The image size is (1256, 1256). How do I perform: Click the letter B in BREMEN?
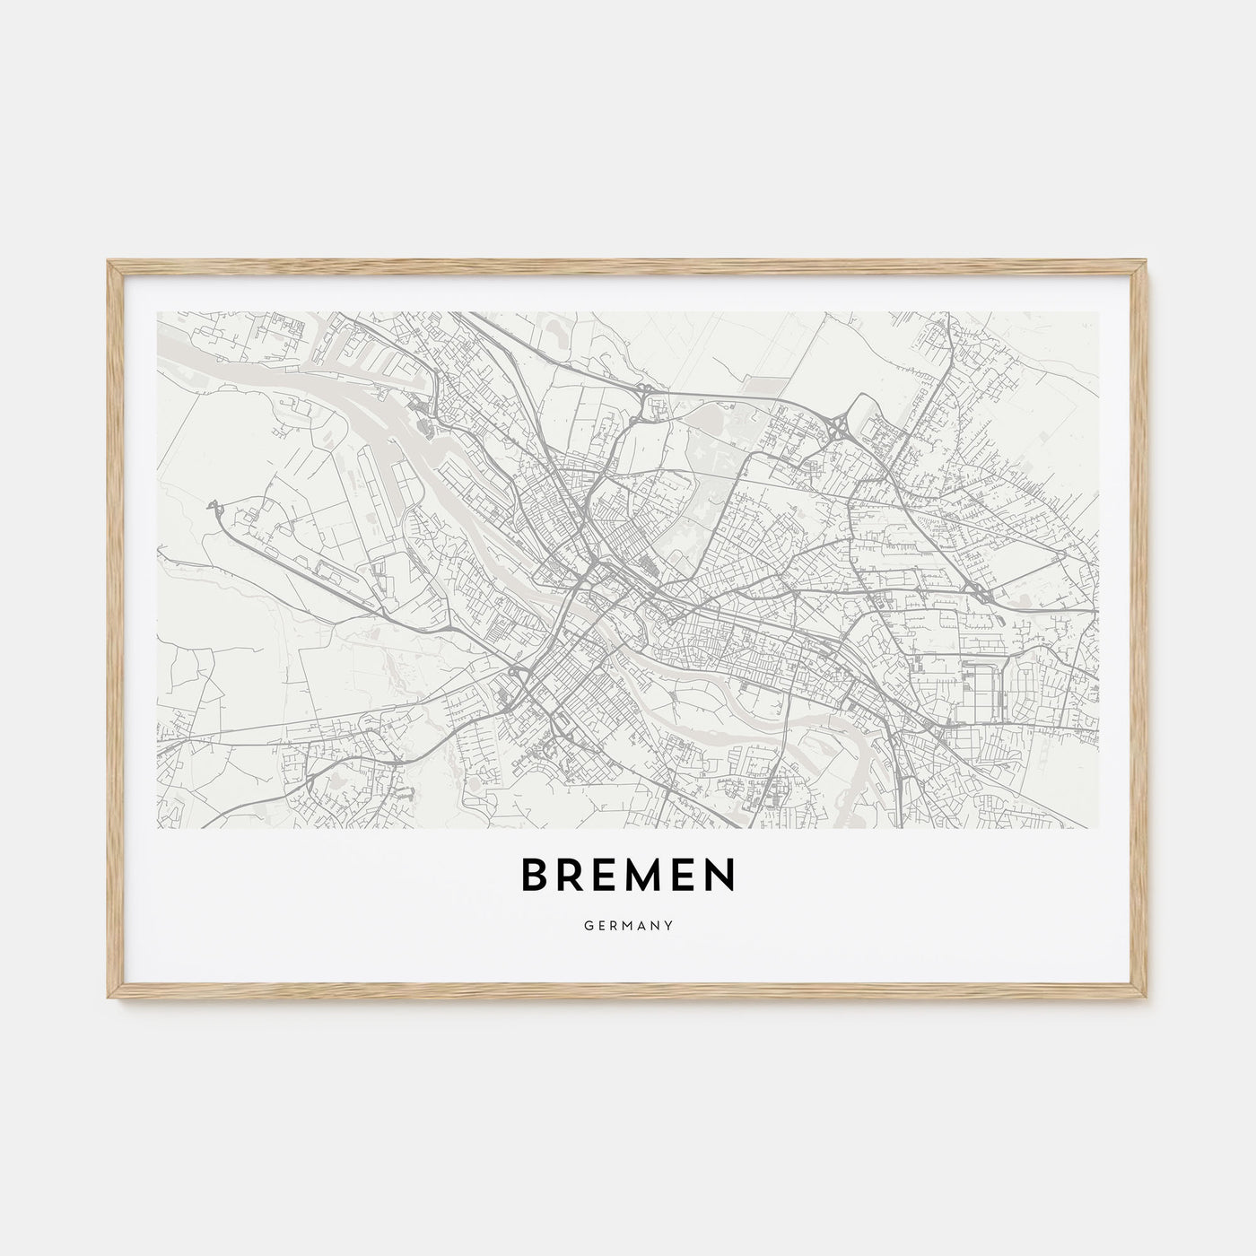[x=535, y=877]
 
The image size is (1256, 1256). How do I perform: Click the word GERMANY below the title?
[x=628, y=922]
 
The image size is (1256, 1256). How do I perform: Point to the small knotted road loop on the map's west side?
[x=215, y=508]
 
